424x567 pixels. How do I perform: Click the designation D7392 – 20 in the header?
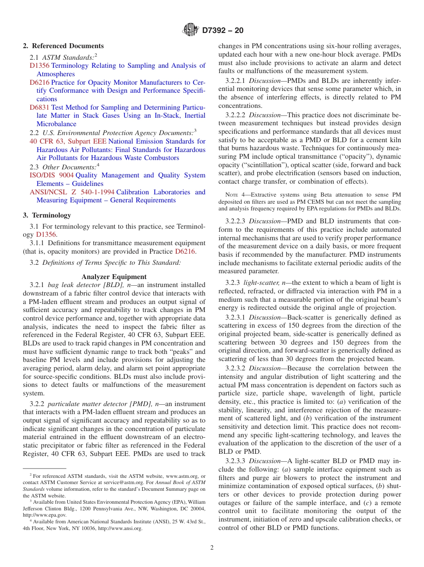pyautogui.click(x=222, y=31)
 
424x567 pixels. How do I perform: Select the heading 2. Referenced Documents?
pyautogui.click(x=63, y=46)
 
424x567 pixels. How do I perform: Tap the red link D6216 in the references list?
pyautogui.click(x=39, y=82)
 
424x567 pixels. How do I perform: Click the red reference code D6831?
pyautogui.click(x=40, y=107)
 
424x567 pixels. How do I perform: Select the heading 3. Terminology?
pyautogui.click(x=47, y=215)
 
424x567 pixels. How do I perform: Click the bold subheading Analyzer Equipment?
pyautogui.click(x=114, y=277)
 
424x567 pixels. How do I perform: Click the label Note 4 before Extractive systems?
pyautogui.click(x=235, y=194)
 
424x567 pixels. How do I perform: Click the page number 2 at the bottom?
pyautogui.click(x=212, y=548)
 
